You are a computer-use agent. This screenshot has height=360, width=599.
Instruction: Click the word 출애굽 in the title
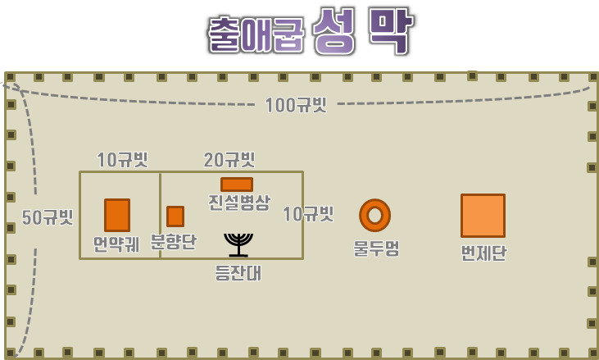click(x=256, y=34)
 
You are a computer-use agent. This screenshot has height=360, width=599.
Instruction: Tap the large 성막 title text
click(x=361, y=32)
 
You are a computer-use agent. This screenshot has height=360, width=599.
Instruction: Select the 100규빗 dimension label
click(x=296, y=105)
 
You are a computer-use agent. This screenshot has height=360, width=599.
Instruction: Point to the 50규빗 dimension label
click(x=48, y=217)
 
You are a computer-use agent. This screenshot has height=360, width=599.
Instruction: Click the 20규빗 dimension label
click(x=229, y=160)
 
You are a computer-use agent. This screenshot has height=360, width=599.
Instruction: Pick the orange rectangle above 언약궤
click(x=117, y=215)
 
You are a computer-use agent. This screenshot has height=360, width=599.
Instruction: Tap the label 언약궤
click(x=116, y=244)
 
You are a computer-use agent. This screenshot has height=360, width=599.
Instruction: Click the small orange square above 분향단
click(x=175, y=216)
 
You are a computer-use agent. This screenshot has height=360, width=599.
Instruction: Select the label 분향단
click(x=174, y=242)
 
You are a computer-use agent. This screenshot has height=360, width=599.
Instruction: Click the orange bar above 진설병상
click(x=237, y=185)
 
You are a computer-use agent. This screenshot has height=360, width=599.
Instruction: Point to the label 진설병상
click(x=238, y=203)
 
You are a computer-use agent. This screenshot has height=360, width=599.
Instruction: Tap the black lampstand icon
click(x=238, y=244)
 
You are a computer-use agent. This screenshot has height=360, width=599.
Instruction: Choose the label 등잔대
click(x=238, y=273)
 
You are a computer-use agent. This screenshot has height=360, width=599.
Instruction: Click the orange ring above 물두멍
click(x=374, y=216)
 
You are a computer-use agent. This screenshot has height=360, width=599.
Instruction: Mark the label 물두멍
click(x=376, y=248)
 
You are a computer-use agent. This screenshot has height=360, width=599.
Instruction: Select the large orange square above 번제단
click(x=483, y=216)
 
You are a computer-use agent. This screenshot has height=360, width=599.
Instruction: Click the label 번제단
click(x=483, y=253)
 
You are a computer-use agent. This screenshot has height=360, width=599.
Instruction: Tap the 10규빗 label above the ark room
click(x=123, y=160)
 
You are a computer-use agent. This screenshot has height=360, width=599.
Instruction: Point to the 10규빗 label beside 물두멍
click(x=308, y=214)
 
